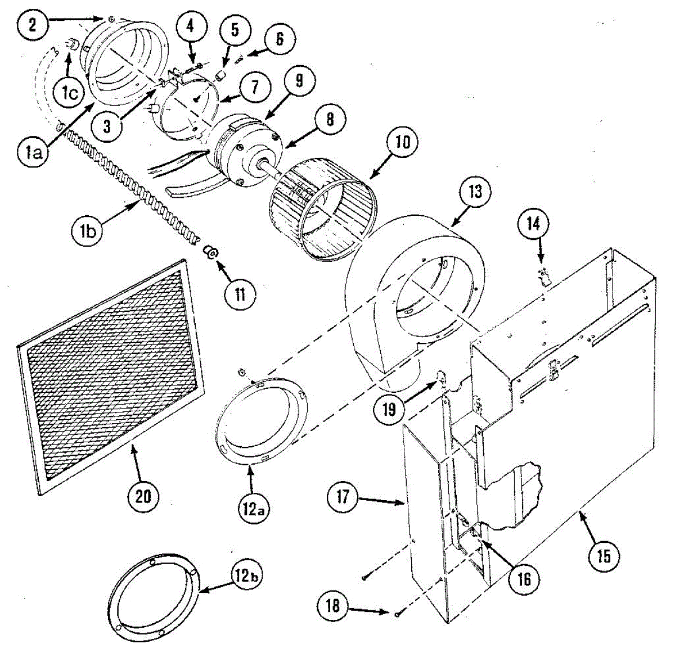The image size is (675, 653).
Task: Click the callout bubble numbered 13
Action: pyautogui.click(x=475, y=192)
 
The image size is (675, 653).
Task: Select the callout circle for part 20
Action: pyautogui.click(x=143, y=496)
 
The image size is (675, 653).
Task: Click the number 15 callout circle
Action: pyautogui.click(x=604, y=556)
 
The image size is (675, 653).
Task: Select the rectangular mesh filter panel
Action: pyautogui.click(x=110, y=377)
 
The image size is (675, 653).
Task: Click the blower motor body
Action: pyautogui.click(x=239, y=149)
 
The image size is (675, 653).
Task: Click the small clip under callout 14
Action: pyautogui.click(x=544, y=275)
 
